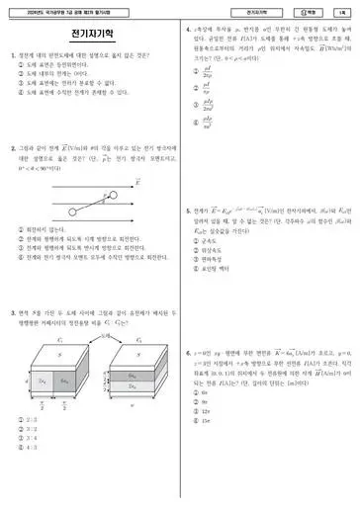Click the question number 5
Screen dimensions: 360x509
pyautogui.click(x=189, y=210)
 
